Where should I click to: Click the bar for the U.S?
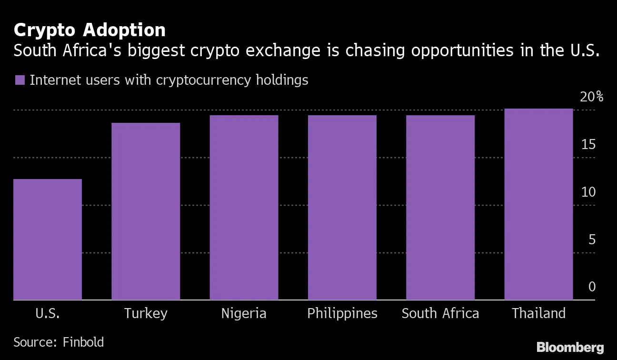48,240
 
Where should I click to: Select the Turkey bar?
146,211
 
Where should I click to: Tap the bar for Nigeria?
244,208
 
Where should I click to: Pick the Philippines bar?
342,208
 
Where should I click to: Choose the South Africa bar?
440,208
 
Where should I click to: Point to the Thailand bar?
538,204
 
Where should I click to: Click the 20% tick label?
592,97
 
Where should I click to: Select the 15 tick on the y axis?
588,145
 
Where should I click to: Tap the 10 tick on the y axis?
588,192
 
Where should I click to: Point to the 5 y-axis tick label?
592,240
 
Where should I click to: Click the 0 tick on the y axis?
592,287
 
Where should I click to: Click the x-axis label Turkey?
146,313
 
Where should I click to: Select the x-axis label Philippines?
342,314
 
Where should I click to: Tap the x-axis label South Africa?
440,313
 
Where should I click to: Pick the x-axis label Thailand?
538,313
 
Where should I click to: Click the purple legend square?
20,80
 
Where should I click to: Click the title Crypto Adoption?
90,30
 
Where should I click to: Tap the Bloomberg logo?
570,347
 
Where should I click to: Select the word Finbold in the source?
83,342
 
